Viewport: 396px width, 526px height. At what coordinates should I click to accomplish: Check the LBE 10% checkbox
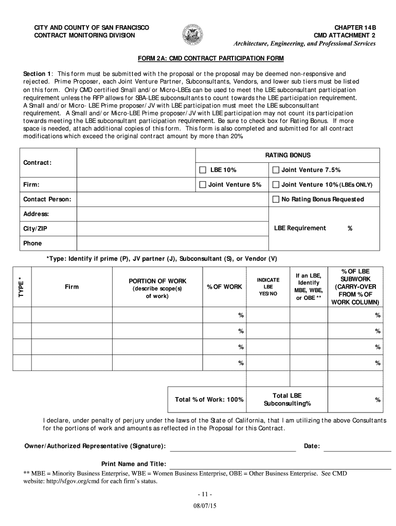coord(203,170)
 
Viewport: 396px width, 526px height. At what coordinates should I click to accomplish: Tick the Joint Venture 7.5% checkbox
coord(276,170)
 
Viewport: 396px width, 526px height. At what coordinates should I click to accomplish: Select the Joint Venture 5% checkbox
coord(203,184)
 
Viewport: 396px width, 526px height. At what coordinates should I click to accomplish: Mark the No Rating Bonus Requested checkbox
coord(276,199)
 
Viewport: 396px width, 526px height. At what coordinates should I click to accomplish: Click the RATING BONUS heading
coord(287,155)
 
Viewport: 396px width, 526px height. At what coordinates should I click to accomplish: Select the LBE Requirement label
coord(300,228)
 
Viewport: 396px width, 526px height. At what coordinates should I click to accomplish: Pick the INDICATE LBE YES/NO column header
coord(268,287)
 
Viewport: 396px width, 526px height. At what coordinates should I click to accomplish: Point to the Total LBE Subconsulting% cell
coord(287,399)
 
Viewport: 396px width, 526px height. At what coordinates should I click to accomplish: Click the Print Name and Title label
coord(133,463)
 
